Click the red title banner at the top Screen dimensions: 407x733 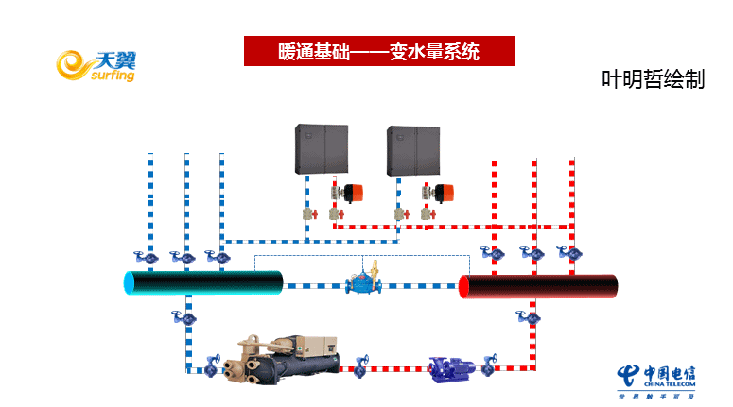pyautogui.click(x=378, y=51)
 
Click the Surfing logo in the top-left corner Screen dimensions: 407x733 pyautogui.click(x=96, y=65)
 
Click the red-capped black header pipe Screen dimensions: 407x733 pyautogui.click(x=538, y=286)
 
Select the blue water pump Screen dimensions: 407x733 pyautogui.click(x=451, y=367)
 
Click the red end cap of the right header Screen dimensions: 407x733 pyautogui.click(x=464, y=286)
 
